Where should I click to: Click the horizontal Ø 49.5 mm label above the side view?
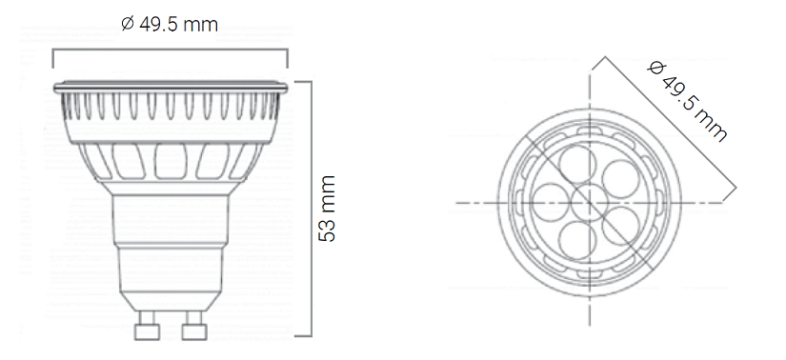pyautogui.click(x=170, y=24)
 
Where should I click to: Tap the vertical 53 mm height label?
pyautogui.click(x=328, y=209)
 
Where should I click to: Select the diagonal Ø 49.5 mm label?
pyautogui.click(x=687, y=101)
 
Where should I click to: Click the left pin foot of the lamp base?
pyautogui.click(x=147, y=331)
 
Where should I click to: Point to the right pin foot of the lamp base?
pyautogui.click(x=194, y=331)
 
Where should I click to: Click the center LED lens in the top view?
pyautogui.click(x=590, y=202)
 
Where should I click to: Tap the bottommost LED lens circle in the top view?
pyautogui.click(x=578, y=241)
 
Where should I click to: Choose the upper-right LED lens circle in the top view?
pyautogui.click(x=620, y=179)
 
